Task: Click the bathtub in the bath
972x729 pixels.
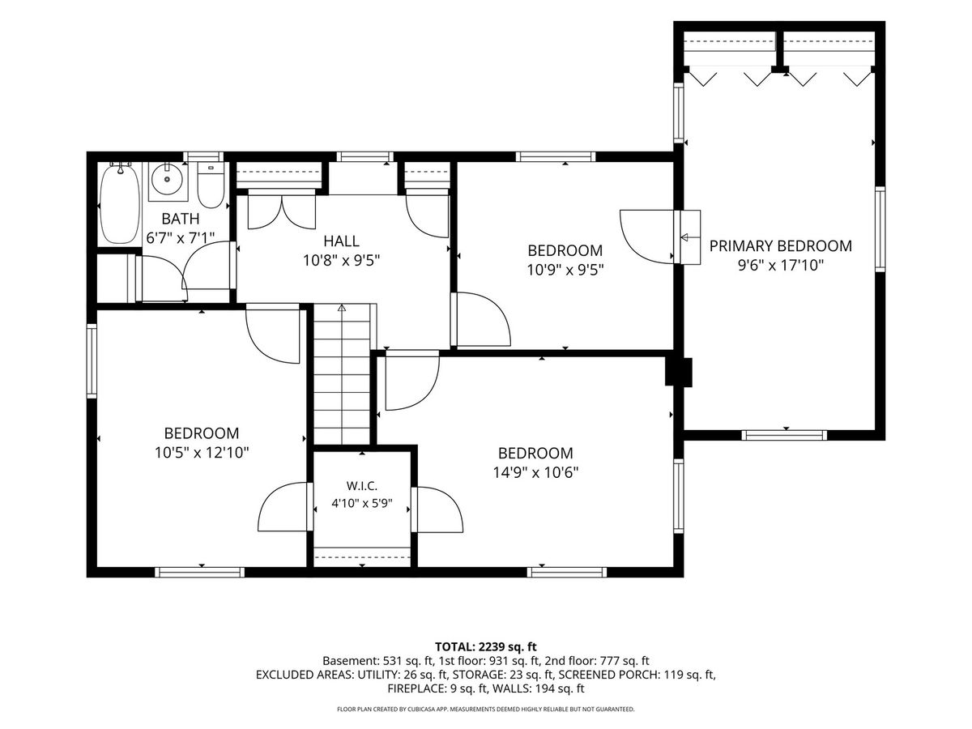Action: pos(120,203)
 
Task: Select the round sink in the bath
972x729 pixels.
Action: pos(167,179)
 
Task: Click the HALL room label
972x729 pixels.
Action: pos(341,241)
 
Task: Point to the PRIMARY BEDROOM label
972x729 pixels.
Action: pos(780,246)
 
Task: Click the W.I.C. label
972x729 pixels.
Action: pos(362,486)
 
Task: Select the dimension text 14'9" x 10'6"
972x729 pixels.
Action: pos(536,473)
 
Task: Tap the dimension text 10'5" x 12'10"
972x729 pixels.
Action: pos(202,453)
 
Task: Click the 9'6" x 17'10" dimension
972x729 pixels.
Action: pos(780,266)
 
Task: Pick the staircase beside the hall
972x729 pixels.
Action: pos(342,374)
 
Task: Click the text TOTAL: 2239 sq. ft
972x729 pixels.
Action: pos(486,647)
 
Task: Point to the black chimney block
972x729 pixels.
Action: pos(679,373)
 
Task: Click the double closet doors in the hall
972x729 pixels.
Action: pos(281,212)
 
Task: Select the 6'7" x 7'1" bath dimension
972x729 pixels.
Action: pos(181,238)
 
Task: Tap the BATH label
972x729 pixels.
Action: pos(181,219)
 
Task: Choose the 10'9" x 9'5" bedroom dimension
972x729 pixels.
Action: pos(565,270)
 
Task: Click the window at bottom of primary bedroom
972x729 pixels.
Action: pos(784,435)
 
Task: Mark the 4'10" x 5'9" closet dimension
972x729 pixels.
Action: pos(362,504)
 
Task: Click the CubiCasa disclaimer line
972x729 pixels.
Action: pos(486,709)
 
